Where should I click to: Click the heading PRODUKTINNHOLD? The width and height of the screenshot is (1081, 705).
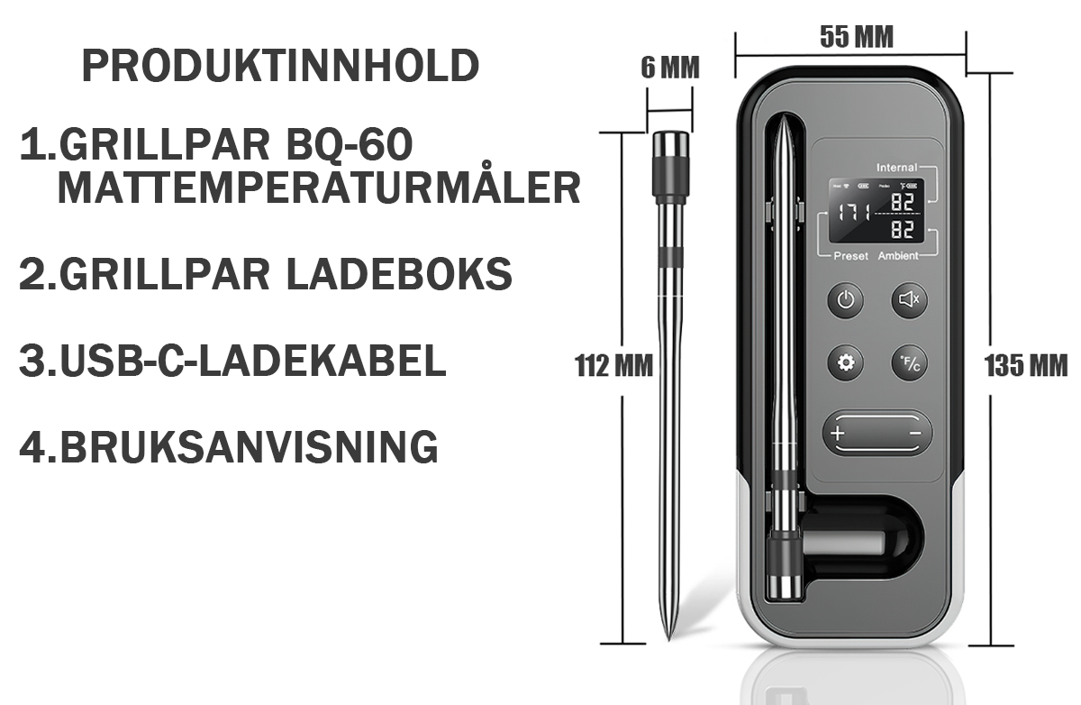point(280,67)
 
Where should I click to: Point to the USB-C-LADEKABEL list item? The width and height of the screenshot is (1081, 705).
point(232,361)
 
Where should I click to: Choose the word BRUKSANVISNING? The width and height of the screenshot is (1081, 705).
point(248,446)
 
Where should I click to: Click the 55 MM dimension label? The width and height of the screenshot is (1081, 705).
point(856,37)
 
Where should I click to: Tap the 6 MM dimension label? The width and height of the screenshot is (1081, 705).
point(669,68)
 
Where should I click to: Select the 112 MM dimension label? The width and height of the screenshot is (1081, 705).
point(613,365)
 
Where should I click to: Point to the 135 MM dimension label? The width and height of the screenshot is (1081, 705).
point(1026,366)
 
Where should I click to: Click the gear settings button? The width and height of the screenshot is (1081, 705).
point(846,362)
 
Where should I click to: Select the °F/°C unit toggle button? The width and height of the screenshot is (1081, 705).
point(910,362)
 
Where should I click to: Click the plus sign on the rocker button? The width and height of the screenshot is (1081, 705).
point(838,434)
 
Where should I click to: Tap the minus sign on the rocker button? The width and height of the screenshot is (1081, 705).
point(915,434)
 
